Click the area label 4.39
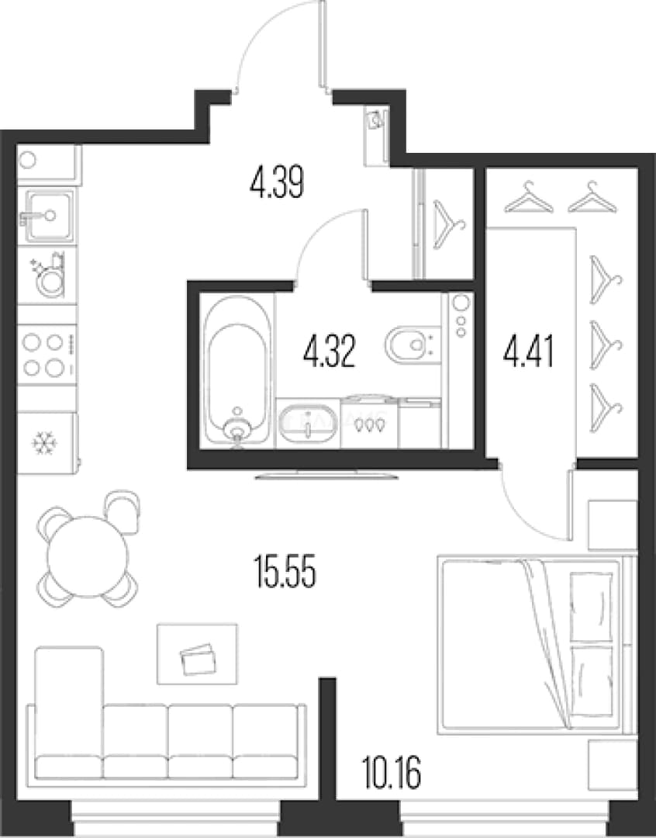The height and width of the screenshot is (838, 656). coord(277,182)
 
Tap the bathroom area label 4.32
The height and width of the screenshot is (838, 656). coord(329,351)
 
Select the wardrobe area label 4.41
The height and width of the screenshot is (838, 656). coord(528,351)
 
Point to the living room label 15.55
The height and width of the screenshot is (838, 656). coord(285,571)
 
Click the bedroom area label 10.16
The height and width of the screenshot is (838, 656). coord(391,772)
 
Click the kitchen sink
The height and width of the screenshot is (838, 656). coord(47,216)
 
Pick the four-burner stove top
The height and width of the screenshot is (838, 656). coord(47,355)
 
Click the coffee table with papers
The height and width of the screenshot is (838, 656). coord(197,653)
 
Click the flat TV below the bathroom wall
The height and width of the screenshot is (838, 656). coord(326,474)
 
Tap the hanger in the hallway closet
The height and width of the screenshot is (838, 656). coord(448,224)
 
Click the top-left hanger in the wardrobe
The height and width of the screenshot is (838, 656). coord(528,197)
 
